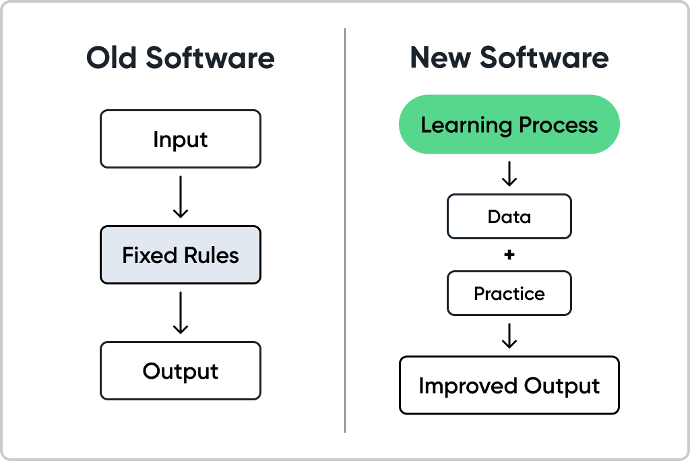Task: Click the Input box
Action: (x=180, y=140)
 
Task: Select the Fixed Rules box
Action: (x=180, y=255)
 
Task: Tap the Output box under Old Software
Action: (x=180, y=371)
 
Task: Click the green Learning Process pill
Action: (x=509, y=125)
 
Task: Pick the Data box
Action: (x=509, y=217)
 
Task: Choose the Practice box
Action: (x=509, y=294)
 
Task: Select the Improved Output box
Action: (x=509, y=386)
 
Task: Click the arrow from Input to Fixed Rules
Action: (x=180, y=197)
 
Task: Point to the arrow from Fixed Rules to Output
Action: (x=180, y=313)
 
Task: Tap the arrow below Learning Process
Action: (x=509, y=174)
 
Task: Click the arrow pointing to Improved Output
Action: (x=509, y=336)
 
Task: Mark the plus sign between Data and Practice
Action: (x=509, y=255)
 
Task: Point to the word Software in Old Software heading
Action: (x=211, y=58)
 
